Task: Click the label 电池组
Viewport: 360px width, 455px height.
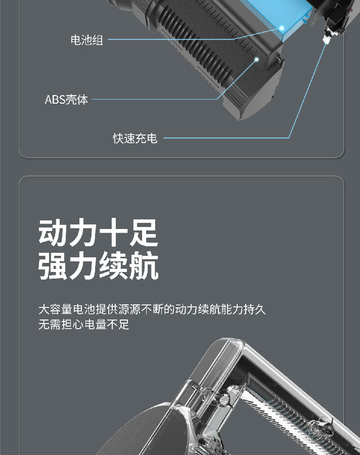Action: (86, 40)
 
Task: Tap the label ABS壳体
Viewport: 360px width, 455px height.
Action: (66, 100)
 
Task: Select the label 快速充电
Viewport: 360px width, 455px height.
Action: (135, 139)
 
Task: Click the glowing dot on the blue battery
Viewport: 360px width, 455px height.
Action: (281, 28)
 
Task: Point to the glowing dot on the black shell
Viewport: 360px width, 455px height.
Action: (256, 60)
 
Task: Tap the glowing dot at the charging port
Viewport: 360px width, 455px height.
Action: (326, 42)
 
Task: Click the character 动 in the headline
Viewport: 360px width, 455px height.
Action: (53, 233)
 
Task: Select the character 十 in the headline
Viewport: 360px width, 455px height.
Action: (114, 233)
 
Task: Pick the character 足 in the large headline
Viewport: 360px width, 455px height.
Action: (144, 233)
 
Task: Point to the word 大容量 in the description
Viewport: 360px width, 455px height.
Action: (56, 309)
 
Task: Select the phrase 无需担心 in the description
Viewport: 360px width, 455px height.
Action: (61, 325)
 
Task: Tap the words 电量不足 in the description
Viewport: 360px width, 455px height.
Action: (107, 325)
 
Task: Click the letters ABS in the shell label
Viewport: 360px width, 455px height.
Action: (55, 100)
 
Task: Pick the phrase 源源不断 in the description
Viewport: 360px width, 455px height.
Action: (141, 309)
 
